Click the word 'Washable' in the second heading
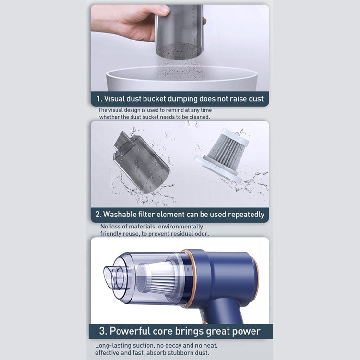point(124,214)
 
